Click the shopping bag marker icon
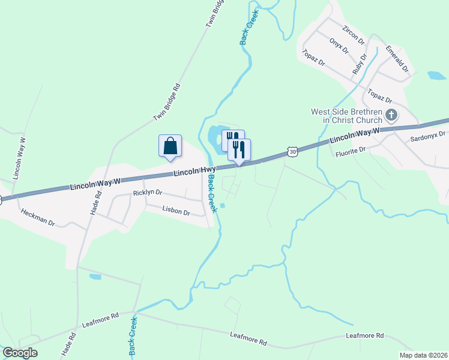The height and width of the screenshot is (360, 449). click(x=170, y=146)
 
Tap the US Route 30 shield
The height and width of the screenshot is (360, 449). click(x=292, y=152)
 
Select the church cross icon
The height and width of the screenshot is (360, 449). click(x=391, y=115)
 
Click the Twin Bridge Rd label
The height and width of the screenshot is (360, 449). click(x=167, y=102)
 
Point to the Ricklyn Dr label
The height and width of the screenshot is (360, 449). click(x=147, y=193)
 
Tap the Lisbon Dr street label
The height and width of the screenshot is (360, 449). click(x=176, y=211)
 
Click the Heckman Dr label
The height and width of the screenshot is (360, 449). click(x=38, y=217)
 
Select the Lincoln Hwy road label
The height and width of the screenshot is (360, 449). click(x=194, y=172)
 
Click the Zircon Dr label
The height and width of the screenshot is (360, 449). click(x=353, y=34)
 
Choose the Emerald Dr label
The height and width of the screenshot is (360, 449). click(x=397, y=58)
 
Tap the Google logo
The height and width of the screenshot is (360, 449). click(x=20, y=353)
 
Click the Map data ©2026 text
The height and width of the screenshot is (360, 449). click(x=423, y=355)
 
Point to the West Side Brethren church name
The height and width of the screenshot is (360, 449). click(x=346, y=116)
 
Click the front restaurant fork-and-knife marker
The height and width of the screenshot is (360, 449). click(x=239, y=149)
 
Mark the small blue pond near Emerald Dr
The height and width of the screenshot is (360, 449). click(x=436, y=76)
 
